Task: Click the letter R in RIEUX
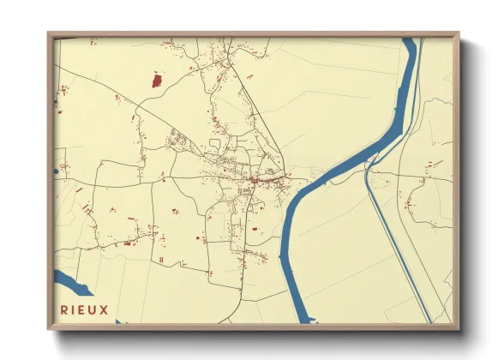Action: (64, 309)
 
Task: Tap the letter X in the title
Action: (105, 309)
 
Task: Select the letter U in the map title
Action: (93, 309)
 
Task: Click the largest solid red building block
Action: (157, 81)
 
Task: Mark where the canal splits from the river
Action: (370, 168)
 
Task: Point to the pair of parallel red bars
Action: (160, 259)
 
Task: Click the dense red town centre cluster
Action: (257, 180)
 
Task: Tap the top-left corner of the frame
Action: (49, 34)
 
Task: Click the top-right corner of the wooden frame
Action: (458, 34)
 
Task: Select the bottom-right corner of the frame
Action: (458, 328)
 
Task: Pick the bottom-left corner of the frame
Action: (49, 328)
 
